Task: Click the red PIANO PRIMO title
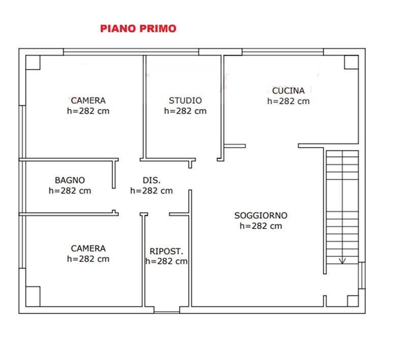(x=138, y=28)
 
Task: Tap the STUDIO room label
(x=185, y=101)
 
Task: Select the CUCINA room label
(x=288, y=91)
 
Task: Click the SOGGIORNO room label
(x=260, y=215)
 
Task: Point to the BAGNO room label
(x=70, y=180)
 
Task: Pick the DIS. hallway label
(x=151, y=180)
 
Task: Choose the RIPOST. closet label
(x=166, y=251)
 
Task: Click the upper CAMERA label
(x=88, y=101)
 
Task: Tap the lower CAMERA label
(x=88, y=248)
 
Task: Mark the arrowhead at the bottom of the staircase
(x=342, y=261)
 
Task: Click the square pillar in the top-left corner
(x=33, y=62)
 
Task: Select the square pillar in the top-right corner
(x=351, y=62)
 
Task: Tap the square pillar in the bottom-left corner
(x=33, y=296)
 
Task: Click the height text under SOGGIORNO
(x=260, y=226)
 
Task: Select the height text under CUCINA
(x=288, y=101)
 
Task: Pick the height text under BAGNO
(x=70, y=191)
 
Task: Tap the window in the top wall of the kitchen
(x=282, y=52)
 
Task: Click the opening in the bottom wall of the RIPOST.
(x=166, y=310)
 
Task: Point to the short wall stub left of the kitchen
(x=235, y=146)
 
